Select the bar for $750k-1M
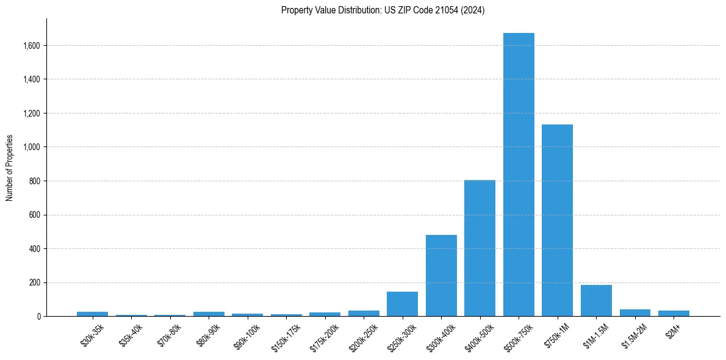(x=557, y=220)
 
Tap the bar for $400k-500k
(x=480, y=248)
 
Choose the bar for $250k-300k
(x=402, y=304)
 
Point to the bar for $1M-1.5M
(x=596, y=301)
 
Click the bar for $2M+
(x=674, y=313)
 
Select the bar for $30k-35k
(x=92, y=314)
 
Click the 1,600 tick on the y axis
(x=32, y=46)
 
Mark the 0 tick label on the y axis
(x=38, y=317)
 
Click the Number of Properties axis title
(x=9, y=168)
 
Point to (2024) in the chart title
(x=472, y=10)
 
